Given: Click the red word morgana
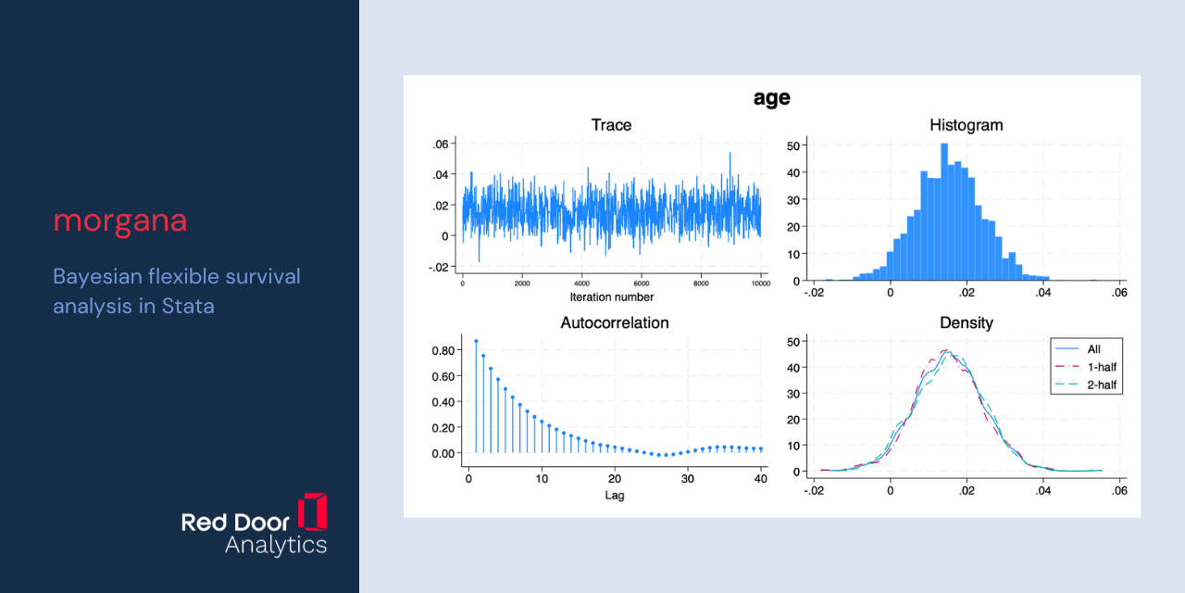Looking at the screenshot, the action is tap(120, 221).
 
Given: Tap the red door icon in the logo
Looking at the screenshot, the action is tap(313, 512).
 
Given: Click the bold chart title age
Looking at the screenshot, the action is tap(772, 98).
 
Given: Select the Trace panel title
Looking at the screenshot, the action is tap(611, 125).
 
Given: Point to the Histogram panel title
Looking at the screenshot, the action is tap(966, 125).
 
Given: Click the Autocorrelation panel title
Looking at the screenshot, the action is tap(614, 322).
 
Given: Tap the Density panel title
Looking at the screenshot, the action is tap(966, 322).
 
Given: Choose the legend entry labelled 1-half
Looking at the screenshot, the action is tap(1086, 367).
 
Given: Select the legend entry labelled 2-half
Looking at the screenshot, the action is tap(1086, 385).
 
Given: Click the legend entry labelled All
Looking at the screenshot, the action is tap(1078, 349).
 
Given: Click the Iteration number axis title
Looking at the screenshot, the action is tap(612, 297).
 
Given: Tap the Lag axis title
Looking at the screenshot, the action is tap(614, 495).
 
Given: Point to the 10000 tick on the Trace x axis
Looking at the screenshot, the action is tap(761, 284).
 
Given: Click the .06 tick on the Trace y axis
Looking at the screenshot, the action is tap(440, 144).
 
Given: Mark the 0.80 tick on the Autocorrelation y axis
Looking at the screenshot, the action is tap(443, 350).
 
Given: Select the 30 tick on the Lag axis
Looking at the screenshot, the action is tap(687, 479).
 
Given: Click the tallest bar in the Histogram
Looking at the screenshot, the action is tap(944, 212).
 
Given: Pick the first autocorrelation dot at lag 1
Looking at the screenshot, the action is tap(476, 342).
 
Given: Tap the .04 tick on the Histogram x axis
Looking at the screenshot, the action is tap(1042, 292).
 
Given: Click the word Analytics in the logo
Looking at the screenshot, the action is tap(276, 546).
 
